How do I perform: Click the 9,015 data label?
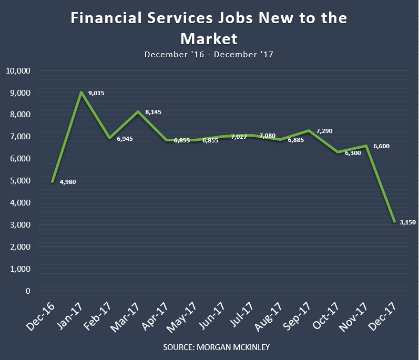(x=96, y=94)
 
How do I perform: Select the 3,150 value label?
(x=407, y=223)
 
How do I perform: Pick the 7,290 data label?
(x=324, y=131)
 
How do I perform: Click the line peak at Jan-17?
(x=81, y=92)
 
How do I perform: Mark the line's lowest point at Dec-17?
(x=394, y=222)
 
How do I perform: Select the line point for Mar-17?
(x=138, y=111)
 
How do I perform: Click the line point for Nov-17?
(x=366, y=146)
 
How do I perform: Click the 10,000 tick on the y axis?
(x=18, y=71)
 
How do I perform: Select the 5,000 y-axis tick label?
(x=21, y=181)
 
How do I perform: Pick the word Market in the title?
(x=209, y=38)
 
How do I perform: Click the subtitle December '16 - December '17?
(x=209, y=54)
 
